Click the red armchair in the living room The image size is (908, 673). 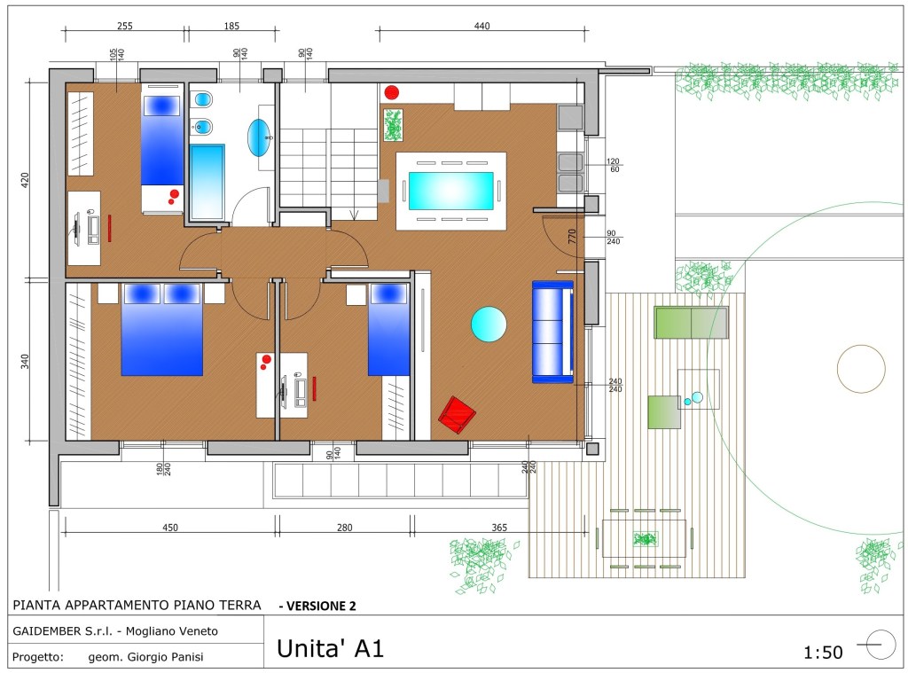click(457, 415)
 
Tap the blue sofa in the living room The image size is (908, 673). click(553, 332)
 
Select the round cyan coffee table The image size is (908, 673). click(489, 325)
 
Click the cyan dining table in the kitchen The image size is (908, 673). click(451, 192)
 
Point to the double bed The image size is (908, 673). click(162, 329)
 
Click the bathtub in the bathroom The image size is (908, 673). click(207, 182)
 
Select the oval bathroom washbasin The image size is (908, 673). click(259, 137)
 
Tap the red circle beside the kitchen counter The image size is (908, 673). click(392, 92)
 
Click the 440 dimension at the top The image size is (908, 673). click(481, 26)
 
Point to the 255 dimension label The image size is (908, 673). click(124, 26)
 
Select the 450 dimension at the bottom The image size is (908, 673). click(170, 528)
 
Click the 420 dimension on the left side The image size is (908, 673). click(24, 180)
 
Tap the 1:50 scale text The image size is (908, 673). click(823, 653)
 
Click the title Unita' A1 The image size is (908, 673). click(331, 648)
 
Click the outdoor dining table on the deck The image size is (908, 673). click(644, 538)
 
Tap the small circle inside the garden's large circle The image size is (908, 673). click(861, 368)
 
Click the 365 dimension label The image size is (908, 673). click(499, 528)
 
